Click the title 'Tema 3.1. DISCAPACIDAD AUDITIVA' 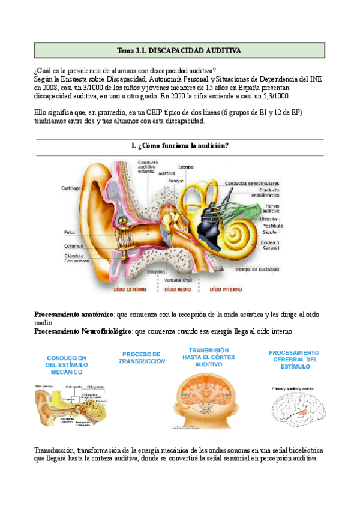click(x=179, y=50)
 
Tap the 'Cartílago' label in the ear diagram click(x=71, y=188)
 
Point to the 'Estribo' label click(x=186, y=167)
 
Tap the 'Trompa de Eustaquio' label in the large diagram click(x=255, y=270)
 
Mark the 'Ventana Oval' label click(x=178, y=279)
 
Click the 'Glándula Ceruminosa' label click(x=76, y=258)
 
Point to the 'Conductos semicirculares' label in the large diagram click(x=252, y=184)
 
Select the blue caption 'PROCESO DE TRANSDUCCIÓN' click(x=142, y=357)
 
